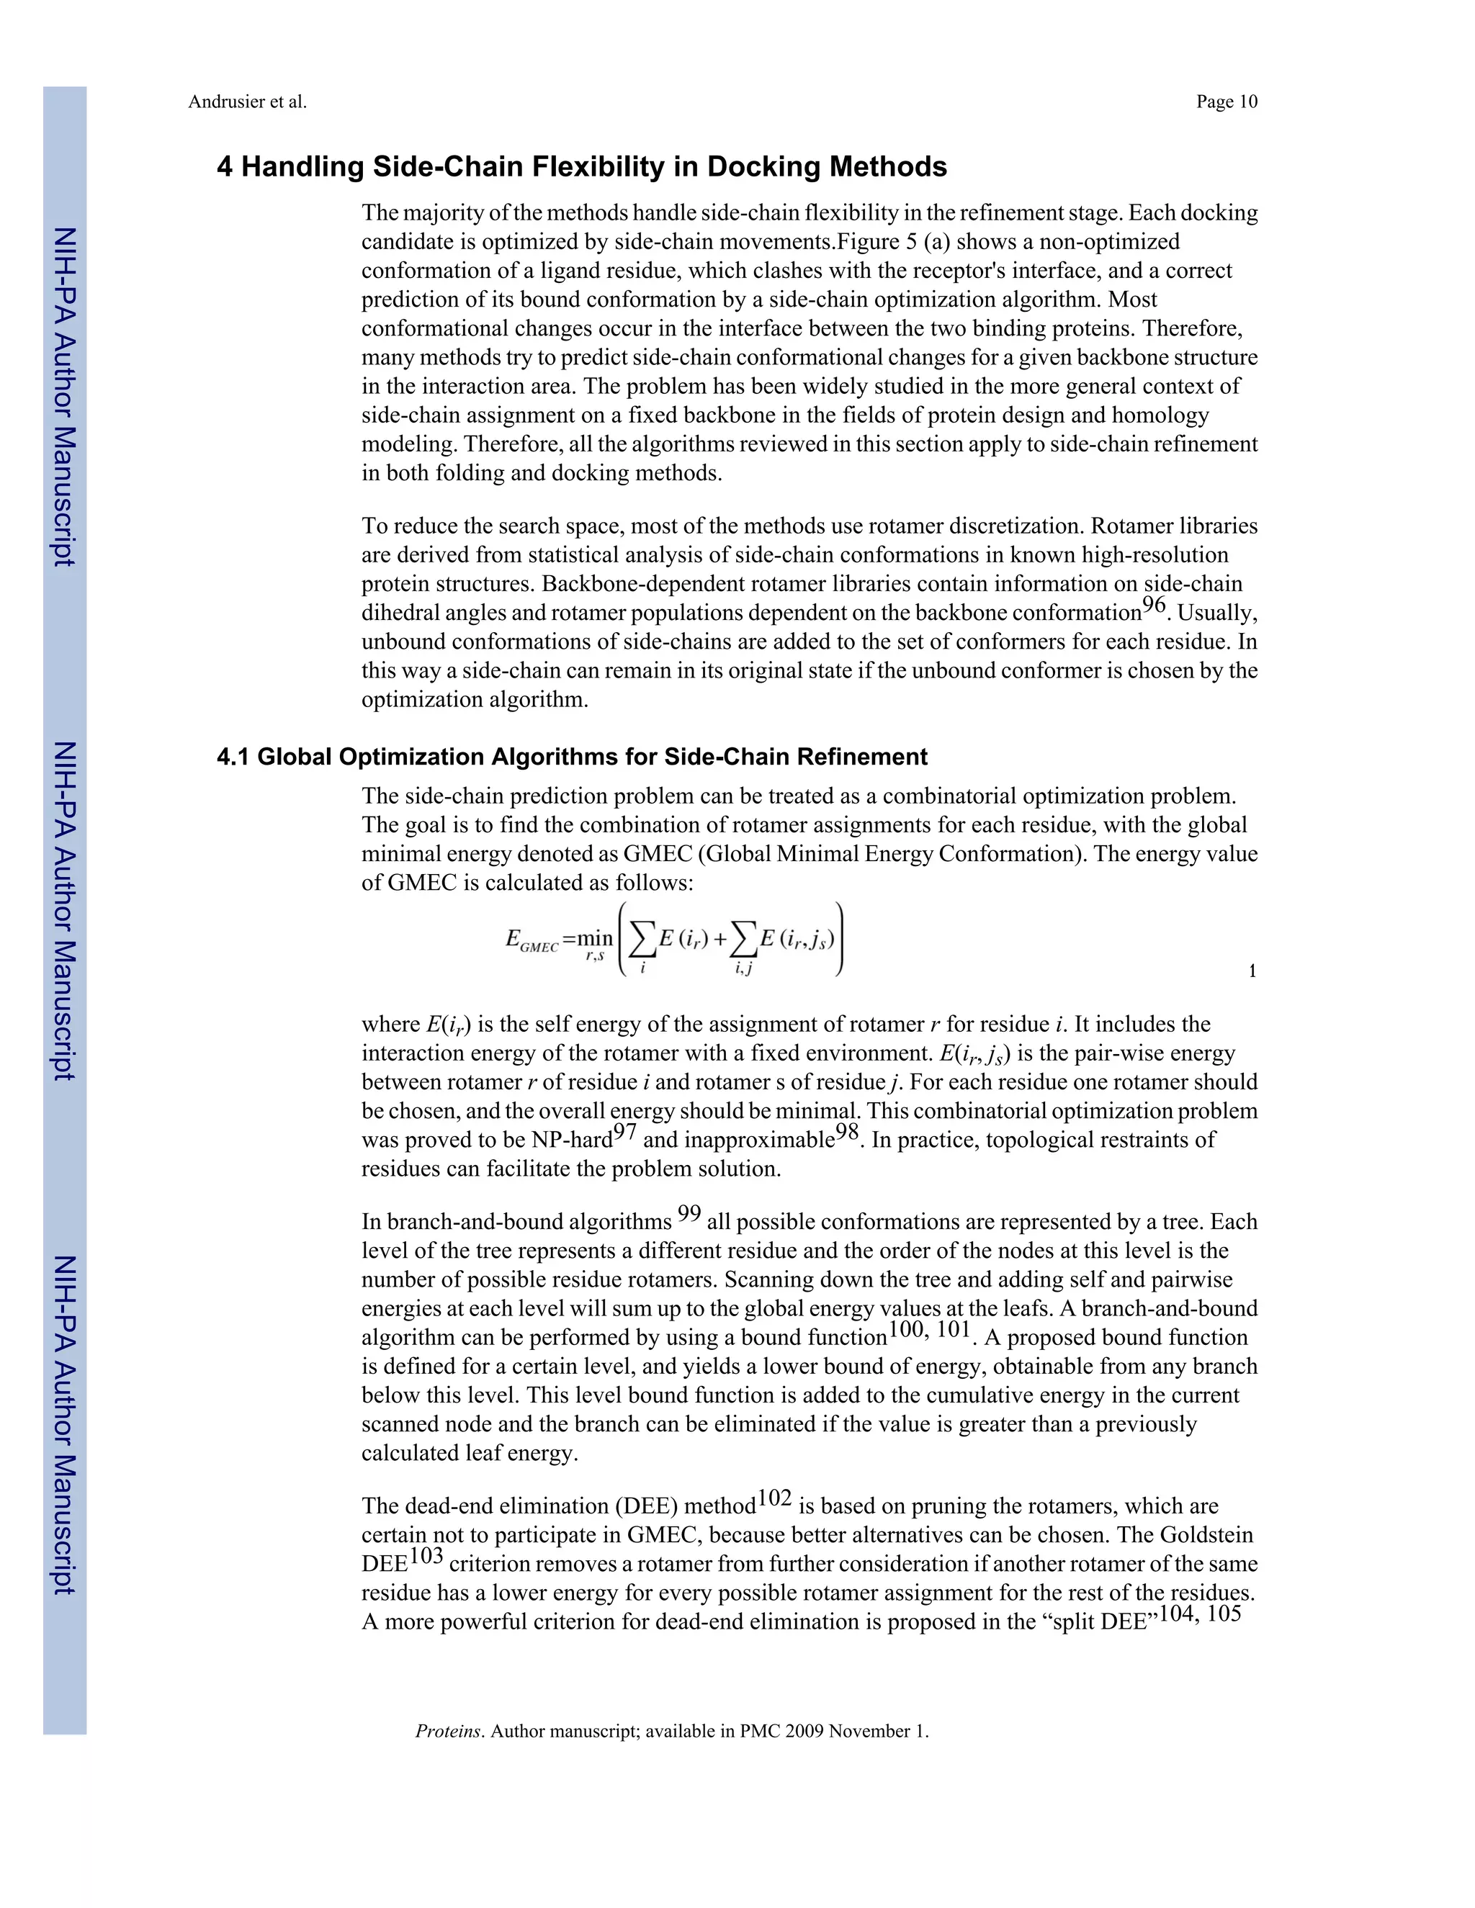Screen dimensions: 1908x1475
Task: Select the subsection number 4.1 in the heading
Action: (x=233, y=757)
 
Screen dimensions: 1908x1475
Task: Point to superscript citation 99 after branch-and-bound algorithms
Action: (x=689, y=1213)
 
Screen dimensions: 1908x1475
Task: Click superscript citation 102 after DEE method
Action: (x=774, y=1498)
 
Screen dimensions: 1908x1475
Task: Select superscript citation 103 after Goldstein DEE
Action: (x=426, y=1556)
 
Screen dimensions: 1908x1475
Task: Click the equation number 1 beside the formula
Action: (x=1252, y=971)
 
